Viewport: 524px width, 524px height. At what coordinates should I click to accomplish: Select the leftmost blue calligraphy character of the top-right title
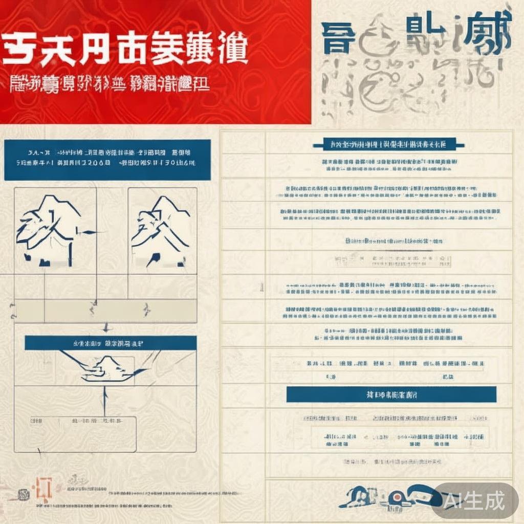coord(338,39)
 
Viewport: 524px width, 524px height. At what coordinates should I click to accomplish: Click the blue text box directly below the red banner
coord(107,159)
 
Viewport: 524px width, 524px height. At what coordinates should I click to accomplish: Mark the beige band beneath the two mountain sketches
coord(105,310)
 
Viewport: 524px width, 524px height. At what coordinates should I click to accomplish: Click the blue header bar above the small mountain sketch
coord(111,343)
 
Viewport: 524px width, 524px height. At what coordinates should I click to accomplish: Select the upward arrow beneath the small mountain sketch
coord(104,399)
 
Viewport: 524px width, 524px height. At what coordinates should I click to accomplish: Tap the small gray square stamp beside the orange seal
coord(23,495)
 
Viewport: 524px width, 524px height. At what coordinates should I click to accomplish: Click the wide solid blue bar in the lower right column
coord(391,394)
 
